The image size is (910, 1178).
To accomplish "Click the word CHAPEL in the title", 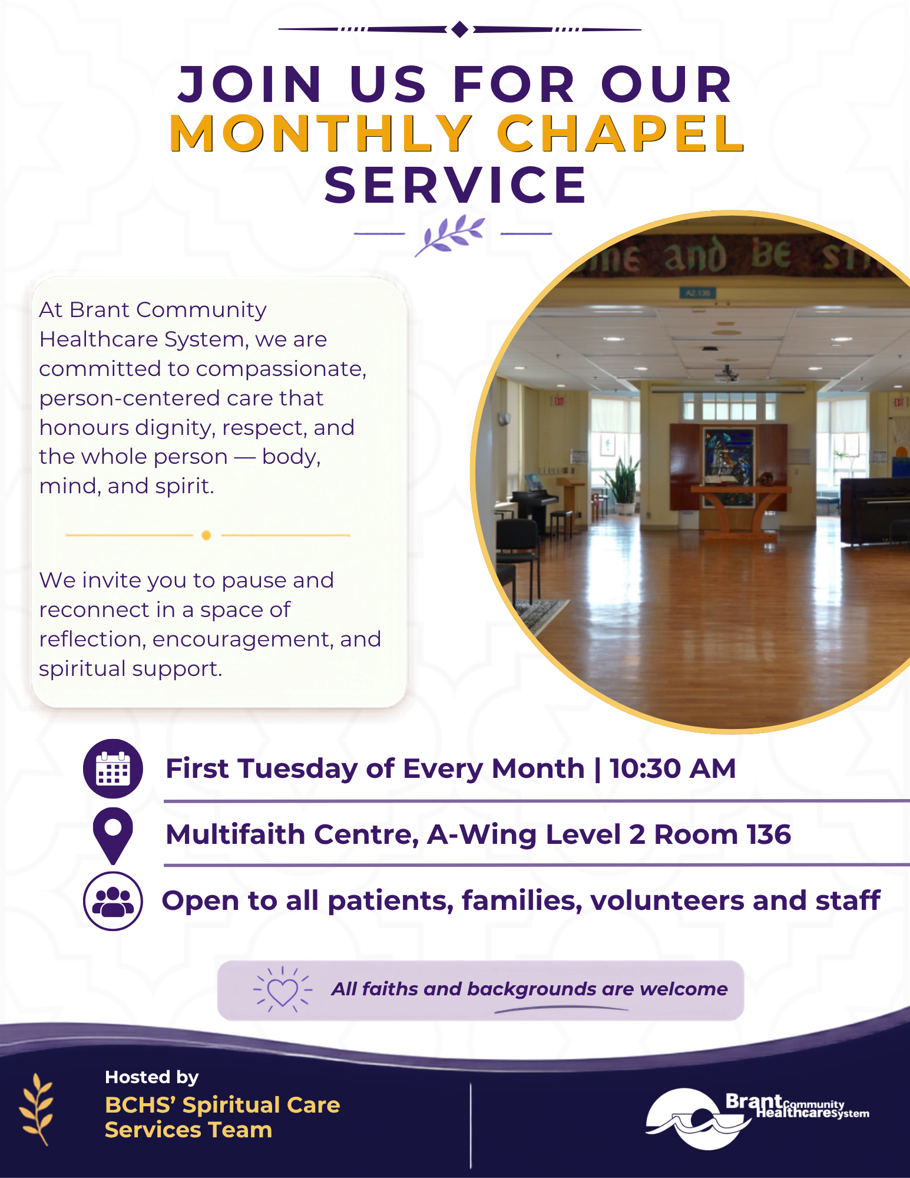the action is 621,133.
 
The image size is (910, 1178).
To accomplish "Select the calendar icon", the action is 113,768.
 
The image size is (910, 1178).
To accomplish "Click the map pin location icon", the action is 113,836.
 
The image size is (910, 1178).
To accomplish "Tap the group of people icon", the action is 113,901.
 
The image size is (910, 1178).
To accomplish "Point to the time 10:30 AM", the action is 673,768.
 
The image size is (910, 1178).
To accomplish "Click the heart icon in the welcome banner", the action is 283,990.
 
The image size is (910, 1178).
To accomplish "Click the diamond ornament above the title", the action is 460,29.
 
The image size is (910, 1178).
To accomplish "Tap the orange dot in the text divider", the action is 206,535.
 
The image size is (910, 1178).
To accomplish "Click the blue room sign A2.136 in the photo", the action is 698,292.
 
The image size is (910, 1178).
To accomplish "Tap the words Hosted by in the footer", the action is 152,1077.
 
